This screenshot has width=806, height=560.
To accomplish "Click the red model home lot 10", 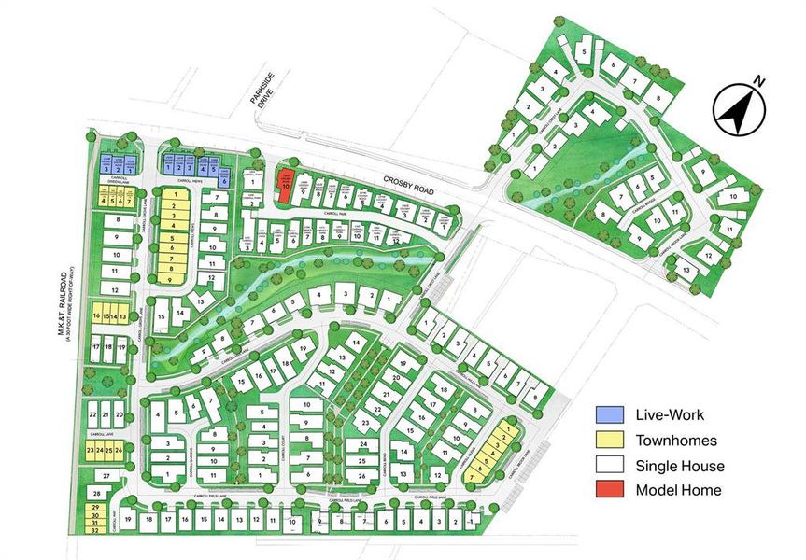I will [285, 185].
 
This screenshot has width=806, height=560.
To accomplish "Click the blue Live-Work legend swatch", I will [611, 415].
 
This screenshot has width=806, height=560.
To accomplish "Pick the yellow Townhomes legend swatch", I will [611, 441].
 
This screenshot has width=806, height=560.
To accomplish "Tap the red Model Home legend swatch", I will [611, 490].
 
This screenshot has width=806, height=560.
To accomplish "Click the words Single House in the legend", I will [679, 466].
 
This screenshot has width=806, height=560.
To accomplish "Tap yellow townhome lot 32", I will [95, 530].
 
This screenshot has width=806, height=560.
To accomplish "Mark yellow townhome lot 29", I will [95, 507].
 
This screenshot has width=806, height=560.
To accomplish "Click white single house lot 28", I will [97, 492].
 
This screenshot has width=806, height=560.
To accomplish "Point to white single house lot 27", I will [106, 475].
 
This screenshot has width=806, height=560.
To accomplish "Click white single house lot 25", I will [362, 461].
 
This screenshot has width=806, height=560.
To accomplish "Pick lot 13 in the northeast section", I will [688, 271].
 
